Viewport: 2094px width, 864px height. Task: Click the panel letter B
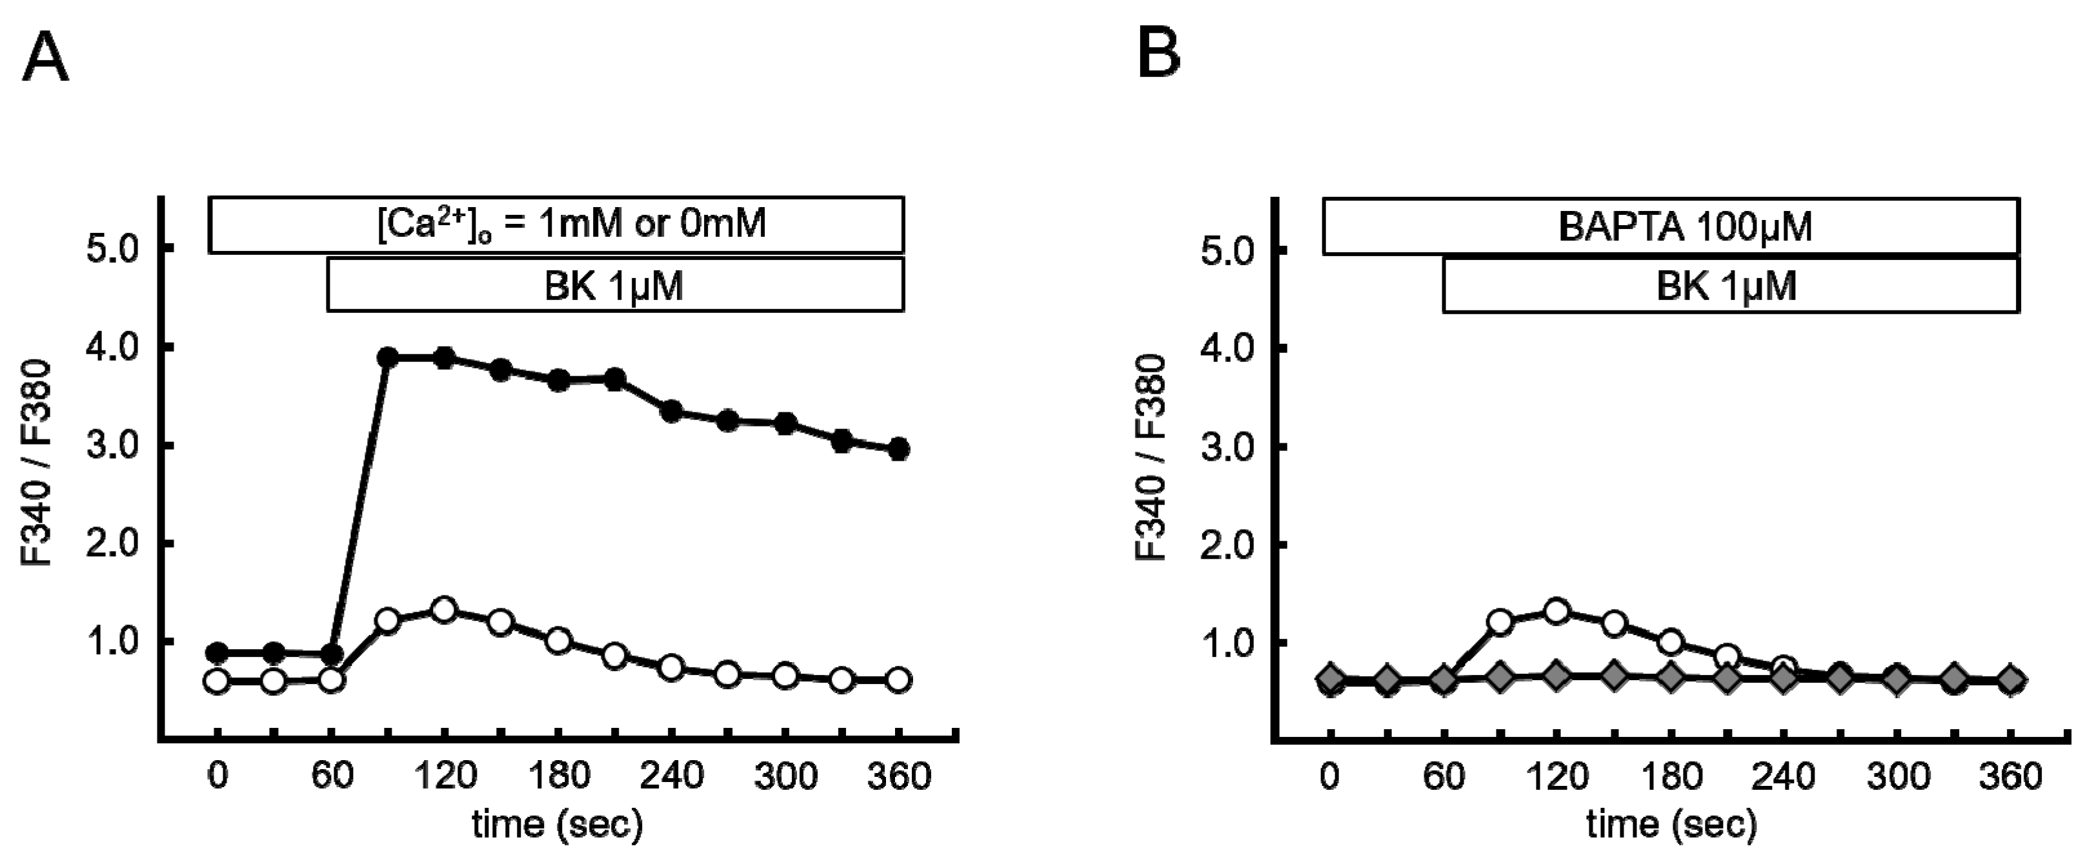coord(1158,57)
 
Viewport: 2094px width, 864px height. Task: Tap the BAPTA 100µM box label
coord(1684,226)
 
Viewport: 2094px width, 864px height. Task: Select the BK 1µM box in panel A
coord(614,285)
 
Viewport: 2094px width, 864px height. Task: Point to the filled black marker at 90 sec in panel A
coord(388,357)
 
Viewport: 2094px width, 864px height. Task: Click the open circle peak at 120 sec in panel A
coord(444,610)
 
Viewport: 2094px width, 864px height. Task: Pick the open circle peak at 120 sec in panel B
coord(1556,611)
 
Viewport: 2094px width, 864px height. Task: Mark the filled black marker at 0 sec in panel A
coord(217,652)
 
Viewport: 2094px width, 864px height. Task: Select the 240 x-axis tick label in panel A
coord(672,777)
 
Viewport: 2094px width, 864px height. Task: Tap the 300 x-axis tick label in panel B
coord(1897,777)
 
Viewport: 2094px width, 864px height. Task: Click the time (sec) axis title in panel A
coord(558,824)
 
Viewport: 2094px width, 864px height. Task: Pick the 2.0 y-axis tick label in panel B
coord(1227,545)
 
